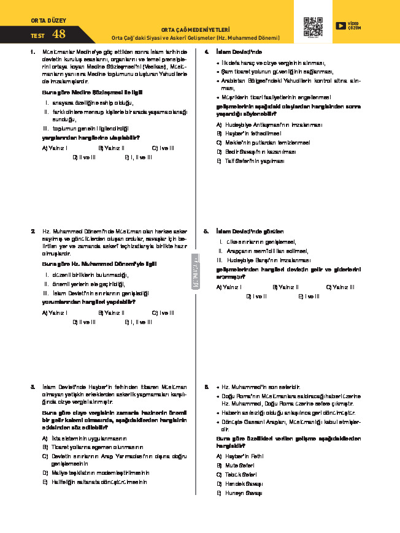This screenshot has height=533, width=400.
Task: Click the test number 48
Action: click(59, 34)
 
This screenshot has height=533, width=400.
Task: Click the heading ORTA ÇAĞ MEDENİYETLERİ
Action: click(195, 29)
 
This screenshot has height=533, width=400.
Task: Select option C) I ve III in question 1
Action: click(163, 148)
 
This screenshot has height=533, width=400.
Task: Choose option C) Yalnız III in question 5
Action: click(340, 287)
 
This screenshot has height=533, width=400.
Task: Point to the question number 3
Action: click(33, 387)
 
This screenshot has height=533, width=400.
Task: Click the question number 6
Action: click(207, 387)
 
